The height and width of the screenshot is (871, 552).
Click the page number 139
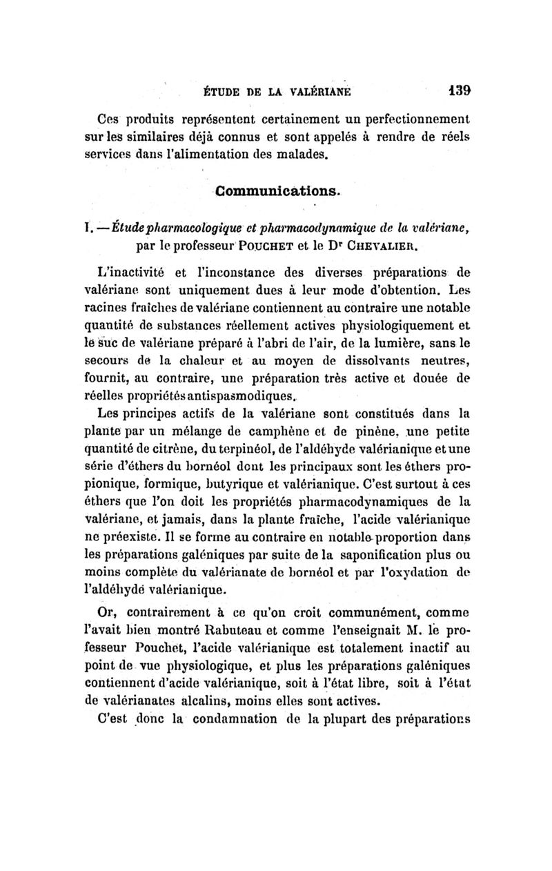coord(457,89)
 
